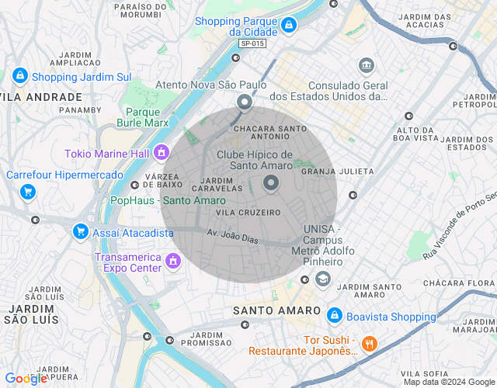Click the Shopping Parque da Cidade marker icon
click(288, 26)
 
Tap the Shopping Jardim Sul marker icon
click(20, 76)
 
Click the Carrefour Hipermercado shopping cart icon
click(28, 191)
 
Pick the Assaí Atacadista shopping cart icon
click(80, 231)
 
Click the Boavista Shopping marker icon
click(335, 316)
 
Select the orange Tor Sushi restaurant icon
click(370, 343)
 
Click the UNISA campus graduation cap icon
click(322, 279)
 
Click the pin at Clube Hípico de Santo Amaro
click(271, 183)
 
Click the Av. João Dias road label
click(232, 235)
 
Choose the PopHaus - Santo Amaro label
click(169, 201)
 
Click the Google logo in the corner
click(26, 379)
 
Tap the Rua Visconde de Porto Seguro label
click(459, 226)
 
